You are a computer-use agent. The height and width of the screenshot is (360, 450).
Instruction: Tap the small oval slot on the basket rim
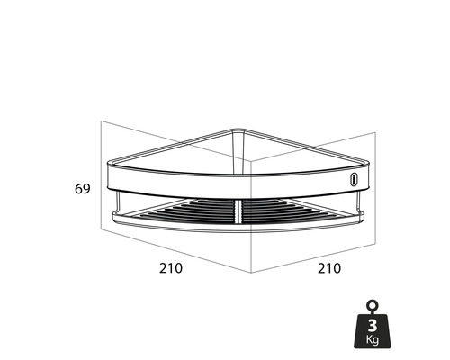pyautogui.click(x=355, y=179)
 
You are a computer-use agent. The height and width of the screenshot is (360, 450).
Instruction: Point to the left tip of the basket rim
pyautogui.click(x=108, y=166)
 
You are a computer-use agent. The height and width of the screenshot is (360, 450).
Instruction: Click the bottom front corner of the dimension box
pyautogui.click(x=250, y=274)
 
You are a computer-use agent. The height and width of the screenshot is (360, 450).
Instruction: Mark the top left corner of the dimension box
pyautogui.click(x=102, y=122)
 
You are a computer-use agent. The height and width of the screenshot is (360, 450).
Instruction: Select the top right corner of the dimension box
pyautogui.click(x=375, y=132)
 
